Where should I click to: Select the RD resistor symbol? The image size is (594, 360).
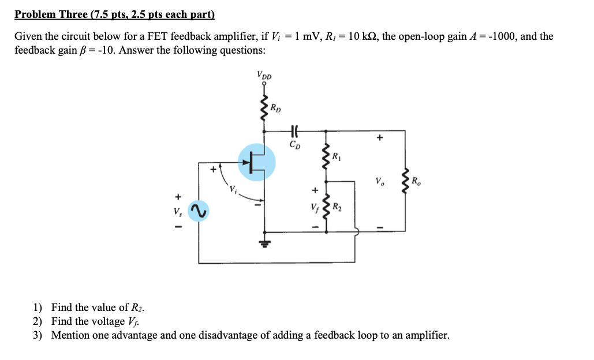point(264,110)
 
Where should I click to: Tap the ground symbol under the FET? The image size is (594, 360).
point(264,243)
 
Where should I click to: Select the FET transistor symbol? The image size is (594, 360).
point(257,162)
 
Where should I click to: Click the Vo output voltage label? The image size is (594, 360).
point(379,182)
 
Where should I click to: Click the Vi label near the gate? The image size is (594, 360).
point(232,189)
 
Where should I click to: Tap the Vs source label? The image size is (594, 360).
point(178,211)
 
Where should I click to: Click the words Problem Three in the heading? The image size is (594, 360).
point(50,14)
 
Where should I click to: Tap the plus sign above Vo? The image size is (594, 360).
point(379,138)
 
